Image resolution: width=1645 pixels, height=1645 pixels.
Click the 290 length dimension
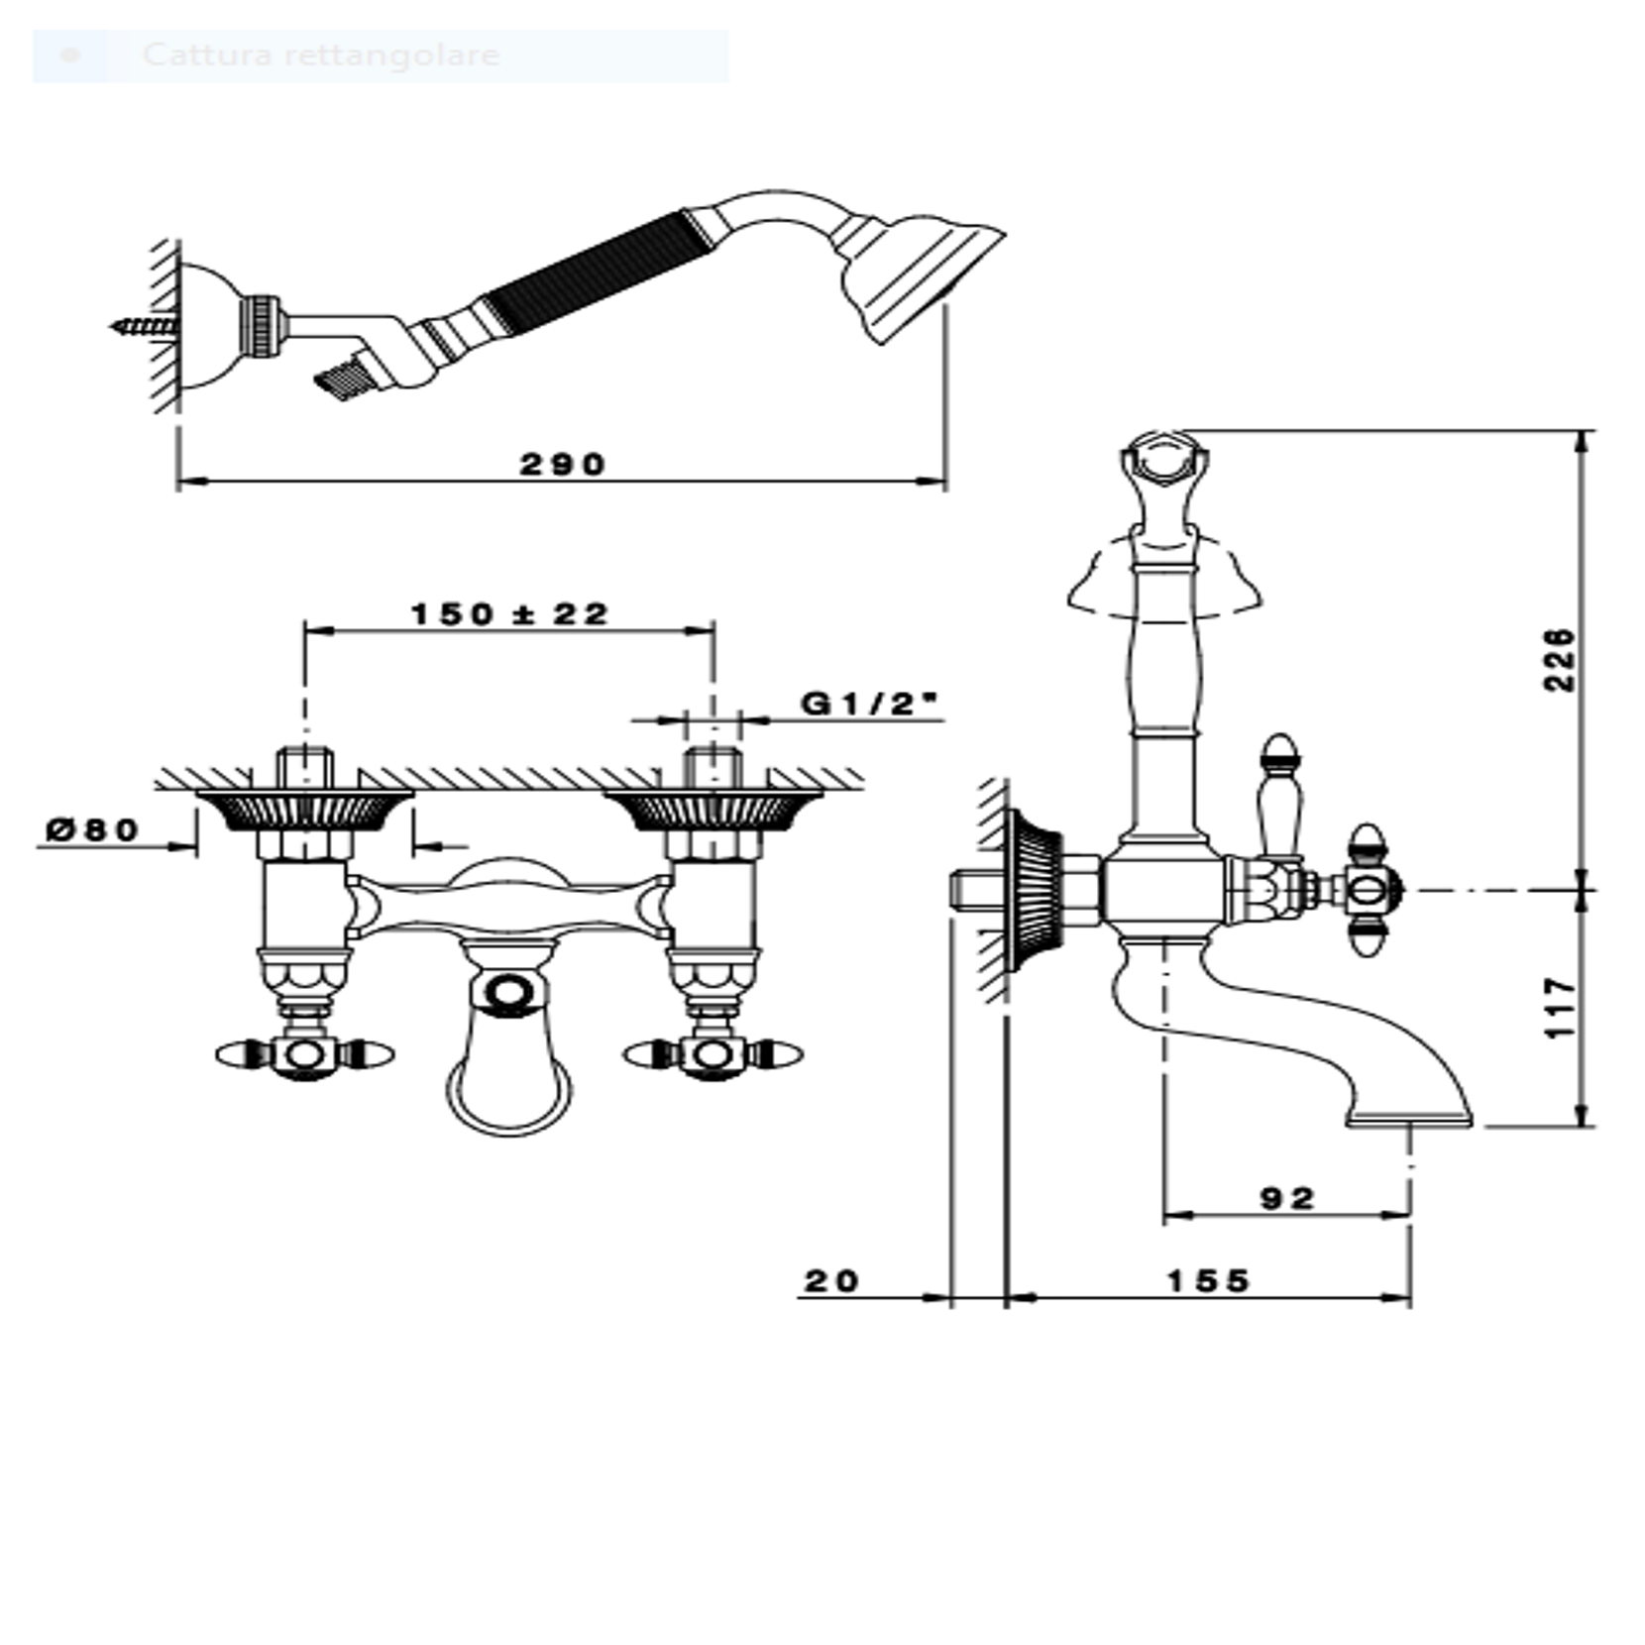562,464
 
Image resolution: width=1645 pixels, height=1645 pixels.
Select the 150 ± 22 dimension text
509,614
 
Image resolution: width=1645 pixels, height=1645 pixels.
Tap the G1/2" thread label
869,704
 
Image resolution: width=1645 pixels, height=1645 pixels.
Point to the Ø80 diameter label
94,828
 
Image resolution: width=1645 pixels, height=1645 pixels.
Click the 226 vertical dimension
1559,659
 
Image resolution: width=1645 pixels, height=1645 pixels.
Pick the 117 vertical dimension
1559,1009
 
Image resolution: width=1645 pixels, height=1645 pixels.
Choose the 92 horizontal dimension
1287,1199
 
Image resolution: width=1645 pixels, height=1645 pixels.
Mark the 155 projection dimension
1208,1281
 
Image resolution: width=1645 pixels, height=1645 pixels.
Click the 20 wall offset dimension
831,1281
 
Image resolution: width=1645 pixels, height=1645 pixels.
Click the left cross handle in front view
304,1054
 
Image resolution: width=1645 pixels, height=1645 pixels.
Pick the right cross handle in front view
713,1054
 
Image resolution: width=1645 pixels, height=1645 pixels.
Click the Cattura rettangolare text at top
321,55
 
